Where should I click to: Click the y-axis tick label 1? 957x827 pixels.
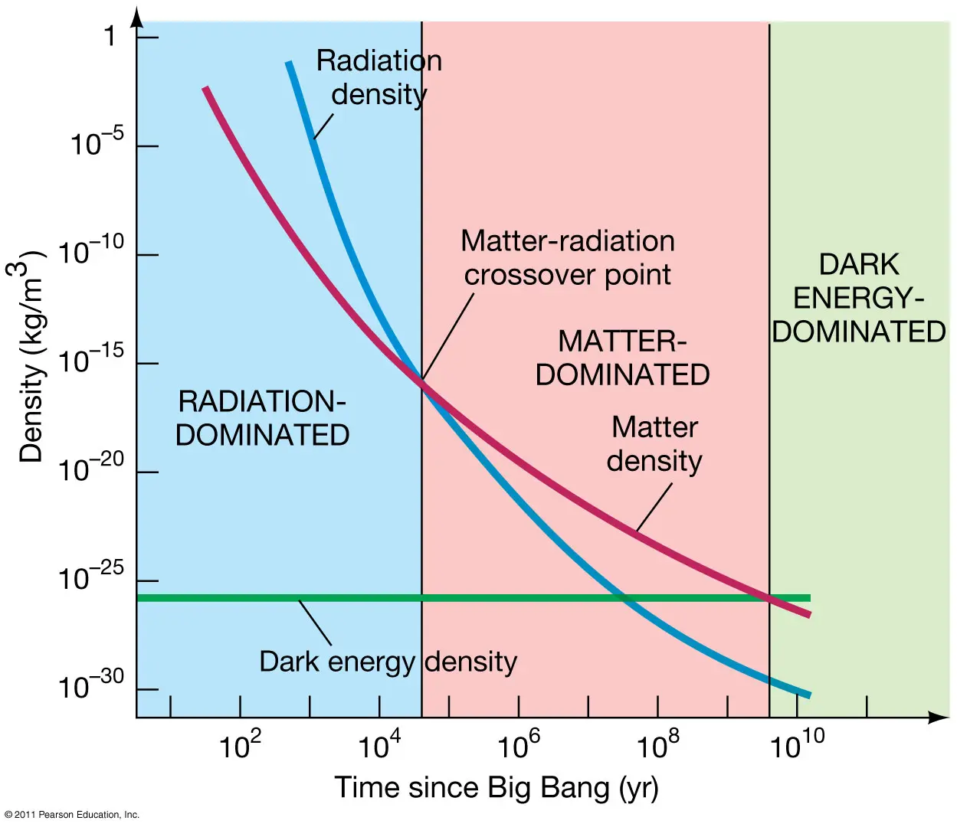[110, 36]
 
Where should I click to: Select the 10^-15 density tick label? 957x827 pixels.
[91, 361]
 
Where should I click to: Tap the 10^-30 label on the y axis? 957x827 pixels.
[91, 686]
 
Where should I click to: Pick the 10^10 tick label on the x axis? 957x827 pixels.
[797, 744]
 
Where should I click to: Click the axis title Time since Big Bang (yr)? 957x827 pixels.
[497, 788]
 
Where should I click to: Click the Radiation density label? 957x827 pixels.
[379, 77]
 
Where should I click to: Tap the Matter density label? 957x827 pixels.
[654, 444]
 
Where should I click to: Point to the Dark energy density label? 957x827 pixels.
[388, 662]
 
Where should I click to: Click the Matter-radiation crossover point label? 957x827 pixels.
[568, 257]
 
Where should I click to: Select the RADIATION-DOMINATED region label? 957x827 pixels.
[262, 418]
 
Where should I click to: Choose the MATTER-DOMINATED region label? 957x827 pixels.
[622, 358]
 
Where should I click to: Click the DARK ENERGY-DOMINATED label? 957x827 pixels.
[859, 298]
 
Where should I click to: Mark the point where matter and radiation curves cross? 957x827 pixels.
[422, 381]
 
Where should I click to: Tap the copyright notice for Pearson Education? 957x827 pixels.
[72, 815]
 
